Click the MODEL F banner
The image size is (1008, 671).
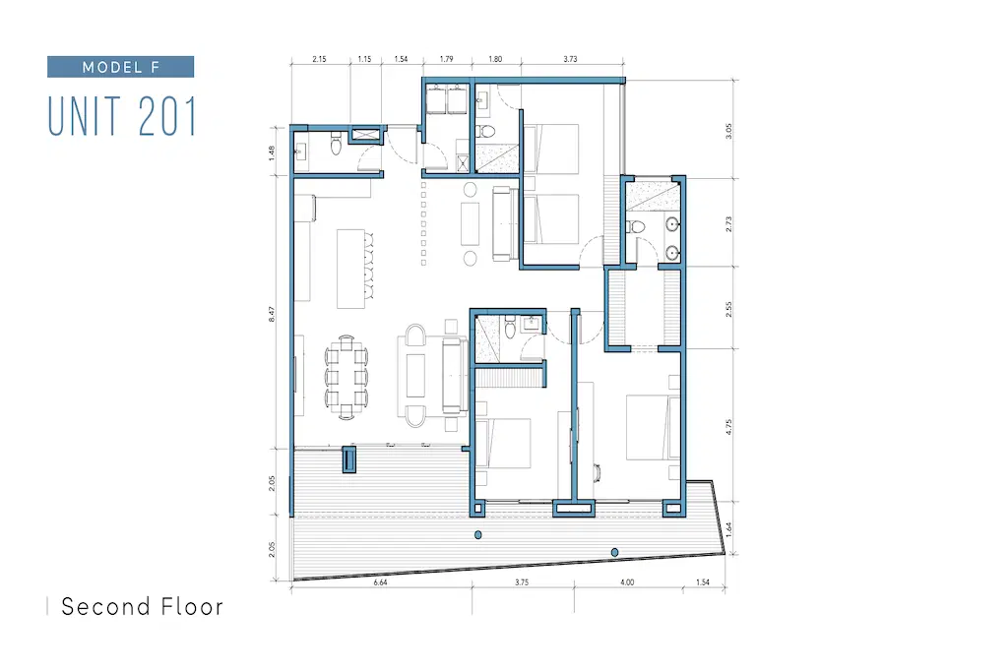[120, 67]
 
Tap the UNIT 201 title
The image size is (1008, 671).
[122, 116]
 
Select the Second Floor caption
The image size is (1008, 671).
[142, 606]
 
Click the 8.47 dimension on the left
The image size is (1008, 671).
[272, 314]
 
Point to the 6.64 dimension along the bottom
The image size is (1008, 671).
[381, 582]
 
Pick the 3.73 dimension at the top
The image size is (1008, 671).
[570, 59]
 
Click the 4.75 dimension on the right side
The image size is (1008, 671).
[728, 427]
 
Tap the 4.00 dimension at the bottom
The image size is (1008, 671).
[627, 582]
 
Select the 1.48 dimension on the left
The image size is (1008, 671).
[272, 152]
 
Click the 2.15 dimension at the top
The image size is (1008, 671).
[320, 59]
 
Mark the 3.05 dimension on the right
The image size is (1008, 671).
[728, 131]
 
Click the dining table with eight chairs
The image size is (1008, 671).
[346, 377]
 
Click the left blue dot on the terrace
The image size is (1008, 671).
[477, 535]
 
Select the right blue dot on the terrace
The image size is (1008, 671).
[614, 552]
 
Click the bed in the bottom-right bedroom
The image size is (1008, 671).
[654, 427]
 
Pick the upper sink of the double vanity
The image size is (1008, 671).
[671, 224]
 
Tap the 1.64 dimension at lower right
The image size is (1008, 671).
[729, 529]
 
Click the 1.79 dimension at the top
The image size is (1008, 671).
[447, 59]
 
